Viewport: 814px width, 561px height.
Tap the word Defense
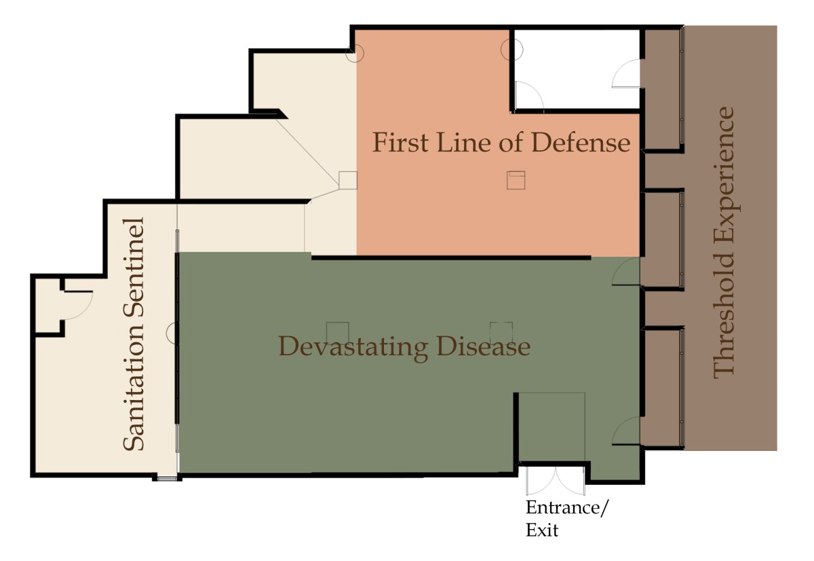(581, 142)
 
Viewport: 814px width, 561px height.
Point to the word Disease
(483, 346)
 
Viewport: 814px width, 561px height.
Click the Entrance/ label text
(566, 508)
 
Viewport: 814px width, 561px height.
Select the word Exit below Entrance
(542, 530)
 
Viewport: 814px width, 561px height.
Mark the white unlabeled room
(577, 69)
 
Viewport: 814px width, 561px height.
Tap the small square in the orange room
(516, 180)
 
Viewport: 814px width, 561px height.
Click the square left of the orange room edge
(348, 180)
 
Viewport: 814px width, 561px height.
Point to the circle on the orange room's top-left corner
(354, 54)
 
